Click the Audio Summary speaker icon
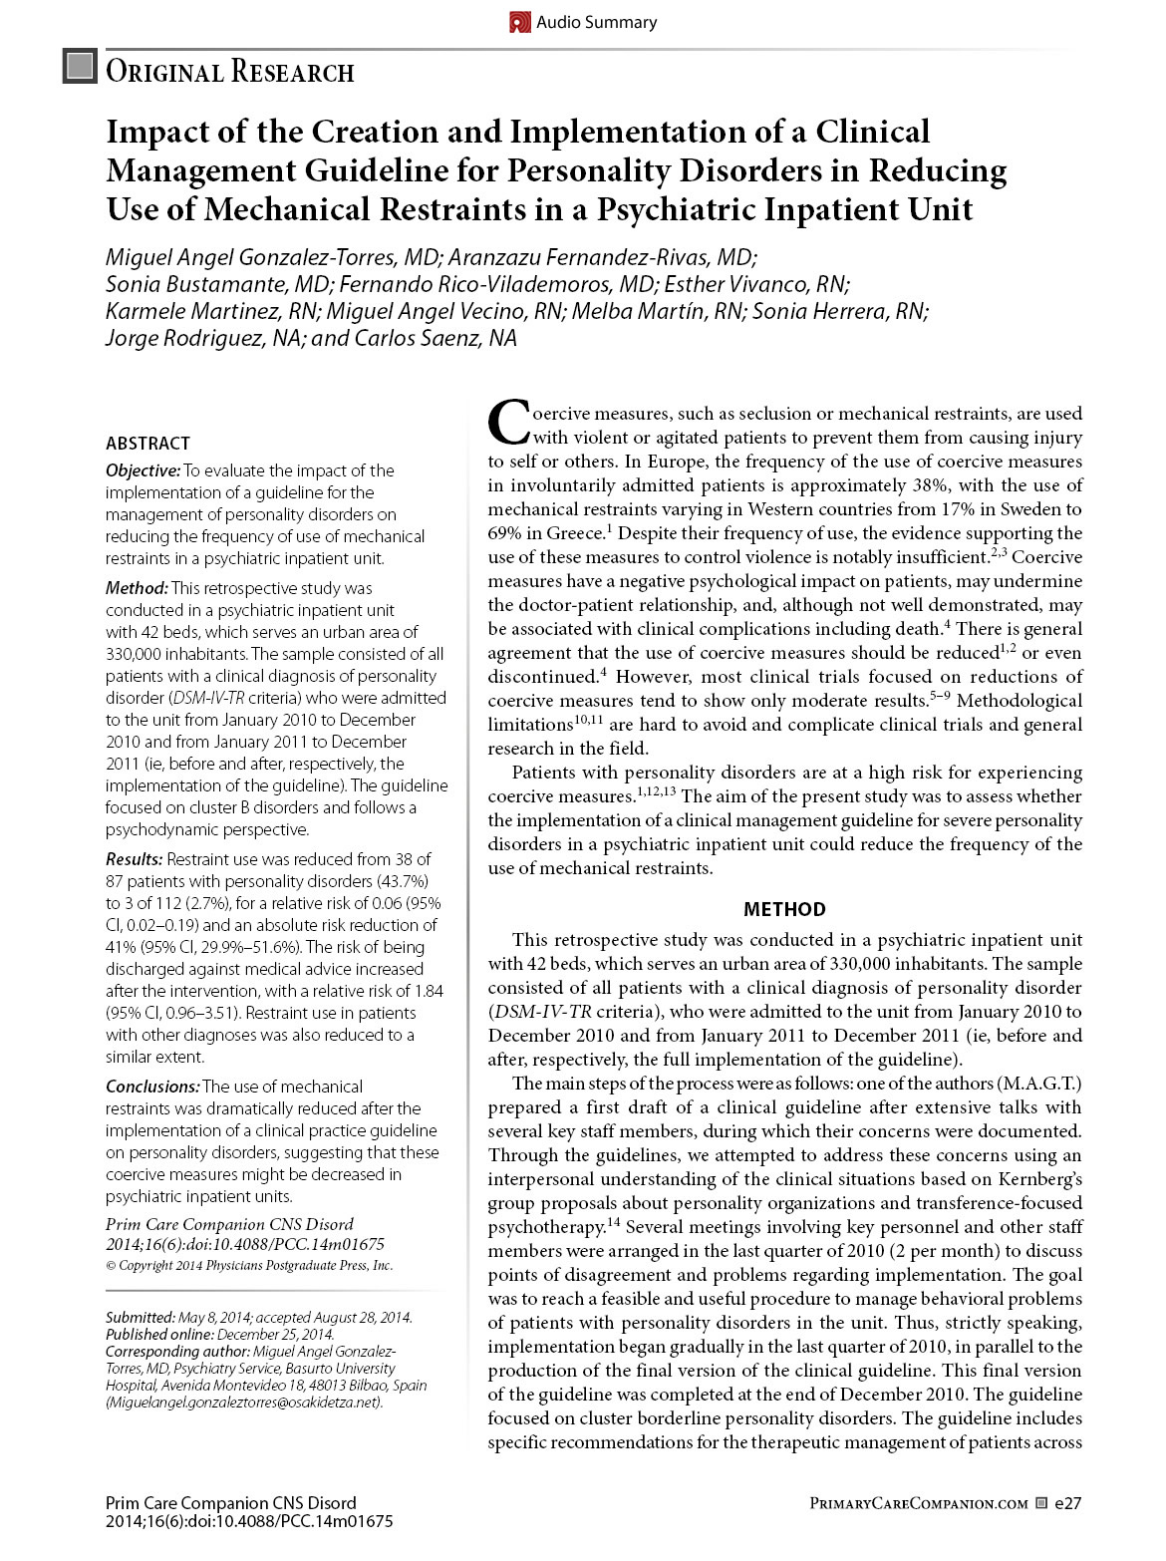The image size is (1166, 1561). pos(519,22)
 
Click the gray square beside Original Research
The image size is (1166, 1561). pos(80,67)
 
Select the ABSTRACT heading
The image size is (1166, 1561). pos(147,444)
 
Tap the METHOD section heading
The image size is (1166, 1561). pos(784,909)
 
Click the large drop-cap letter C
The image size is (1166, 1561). pos(508,423)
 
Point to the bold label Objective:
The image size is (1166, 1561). pos(144,470)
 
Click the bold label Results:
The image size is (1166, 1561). pos(135,859)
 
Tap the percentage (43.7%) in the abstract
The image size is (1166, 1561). pos(403,881)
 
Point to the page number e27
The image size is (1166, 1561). pos(1068,1502)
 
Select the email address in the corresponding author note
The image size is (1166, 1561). pos(244,1403)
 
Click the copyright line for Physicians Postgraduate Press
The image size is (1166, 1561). pos(249,1266)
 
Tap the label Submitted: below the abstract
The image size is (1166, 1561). pos(140,1318)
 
